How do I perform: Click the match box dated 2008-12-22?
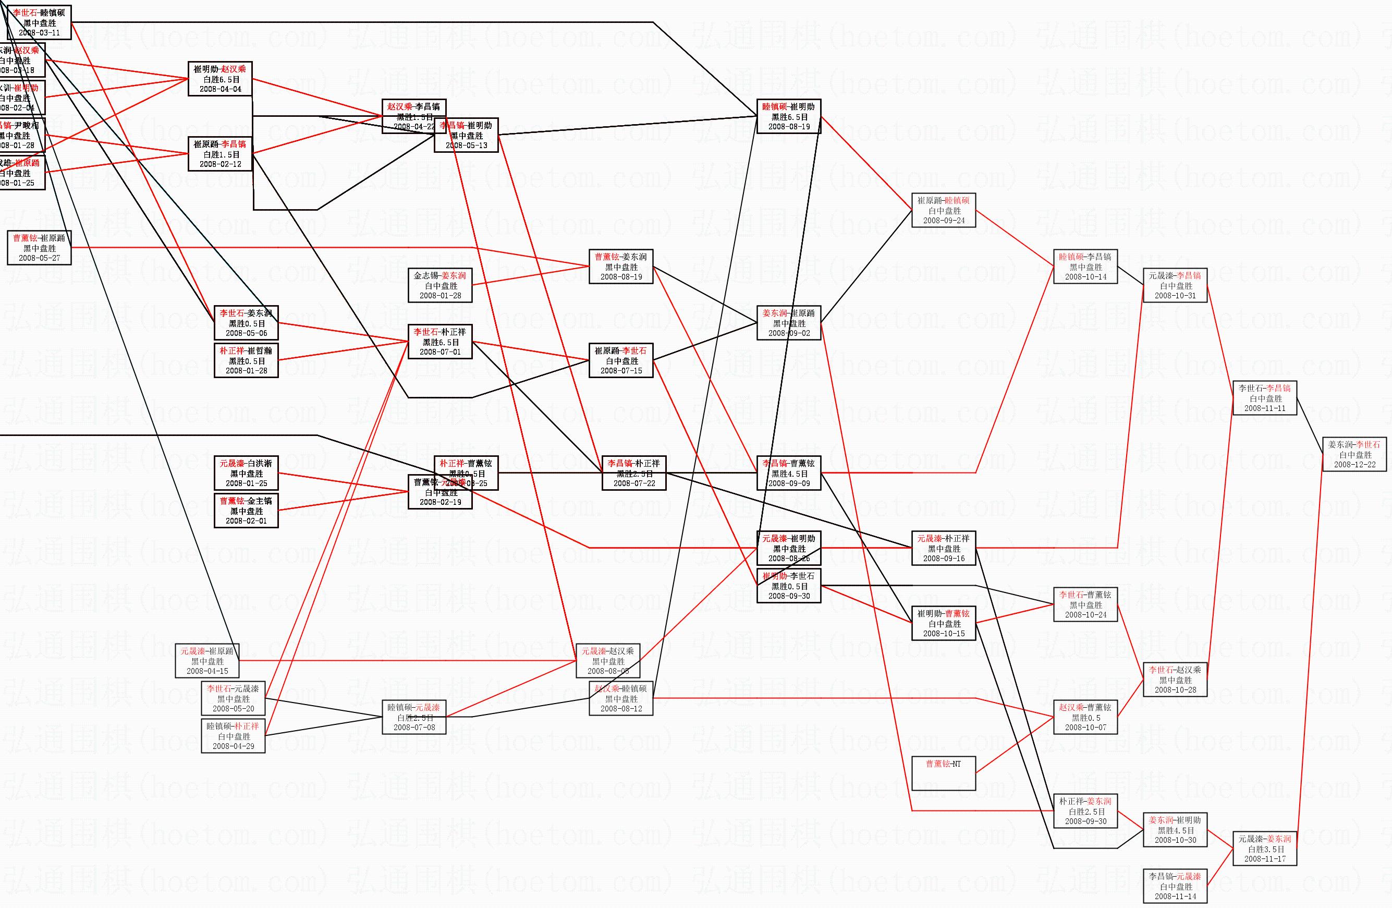(x=1354, y=455)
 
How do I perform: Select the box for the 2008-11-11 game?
(x=1264, y=398)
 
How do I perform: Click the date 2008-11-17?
(x=1264, y=859)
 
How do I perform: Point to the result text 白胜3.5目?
(x=1264, y=849)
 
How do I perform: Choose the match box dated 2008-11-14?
(x=1175, y=886)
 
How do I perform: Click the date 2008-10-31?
(x=1175, y=295)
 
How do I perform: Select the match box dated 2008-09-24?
(x=944, y=211)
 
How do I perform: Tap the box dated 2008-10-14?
(x=1085, y=267)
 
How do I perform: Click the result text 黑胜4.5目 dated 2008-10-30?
(x=1175, y=830)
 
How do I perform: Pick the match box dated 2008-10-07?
(x=1085, y=717)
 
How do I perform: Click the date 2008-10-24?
(x=1085, y=615)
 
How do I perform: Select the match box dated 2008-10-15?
(x=944, y=623)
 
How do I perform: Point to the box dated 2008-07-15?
(x=620, y=360)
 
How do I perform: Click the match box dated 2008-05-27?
(x=39, y=248)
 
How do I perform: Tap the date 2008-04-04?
(x=220, y=89)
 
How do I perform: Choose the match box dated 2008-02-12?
(x=220, y=154)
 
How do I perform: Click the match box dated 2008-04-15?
(x=207, y=660)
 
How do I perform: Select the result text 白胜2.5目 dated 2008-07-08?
(x=414, y=717)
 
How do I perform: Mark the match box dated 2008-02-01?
(x=246, y=511)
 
